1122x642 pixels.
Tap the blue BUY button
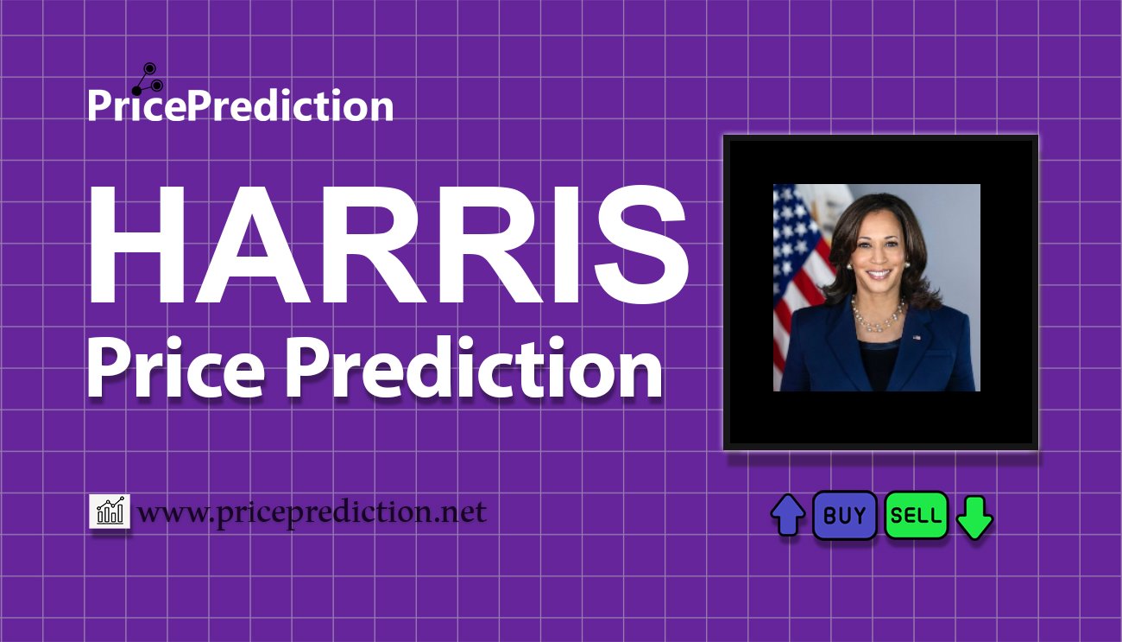tap(844, 515)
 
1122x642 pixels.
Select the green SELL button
tap(916, 515)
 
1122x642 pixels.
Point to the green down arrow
tap(974, 518)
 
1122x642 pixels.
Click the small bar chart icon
tap(110, 511)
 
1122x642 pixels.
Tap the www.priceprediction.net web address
tap(312, 512)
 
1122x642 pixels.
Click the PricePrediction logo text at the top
tap(241, 105)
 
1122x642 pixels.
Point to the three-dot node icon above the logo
tap(148, 79)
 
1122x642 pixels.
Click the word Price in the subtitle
tap(176, 367)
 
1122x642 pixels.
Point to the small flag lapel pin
tap(917, 338)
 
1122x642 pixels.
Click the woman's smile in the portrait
tap(879, 274)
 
